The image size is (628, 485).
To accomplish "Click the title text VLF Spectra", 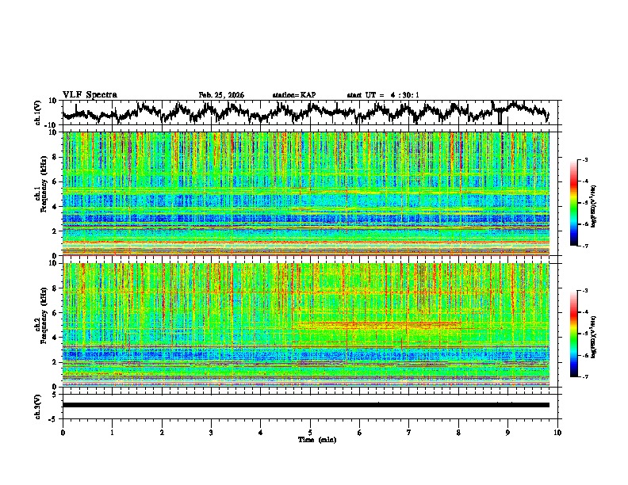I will point(90,95).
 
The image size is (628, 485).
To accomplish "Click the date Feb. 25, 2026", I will point(221,95).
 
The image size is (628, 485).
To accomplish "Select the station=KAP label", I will point(293,95).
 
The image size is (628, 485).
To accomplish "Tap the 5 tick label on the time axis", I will point(311,432).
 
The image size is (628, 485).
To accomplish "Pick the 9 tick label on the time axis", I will point(509,432).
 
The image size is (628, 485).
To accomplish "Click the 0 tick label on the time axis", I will point(63,432).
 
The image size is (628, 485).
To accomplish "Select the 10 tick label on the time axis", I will point(557,432).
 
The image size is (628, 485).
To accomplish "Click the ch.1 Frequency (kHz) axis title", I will point(44,193).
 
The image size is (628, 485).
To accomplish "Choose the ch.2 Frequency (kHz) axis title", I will point(44,324).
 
